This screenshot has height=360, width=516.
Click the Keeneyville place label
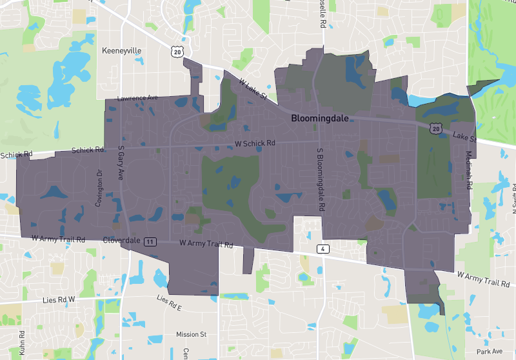pyautogui.click(x=122, y=50)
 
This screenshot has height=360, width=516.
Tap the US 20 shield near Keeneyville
pyautogui.click(x=178, y=50)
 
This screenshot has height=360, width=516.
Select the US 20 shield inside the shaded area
pyautogui.click(x=436, y=130)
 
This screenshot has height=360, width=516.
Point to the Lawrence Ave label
pyautogui.click(x=137, y=98)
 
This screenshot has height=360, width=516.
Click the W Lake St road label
pyautogui.click(x=253, y=90)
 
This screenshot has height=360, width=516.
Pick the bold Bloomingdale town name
pyautogui.click(x=320, y=119)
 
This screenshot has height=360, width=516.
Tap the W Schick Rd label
pyautogui.click(x=255, y=143)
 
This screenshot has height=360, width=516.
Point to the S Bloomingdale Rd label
pyautogui.click(x=319, y=180)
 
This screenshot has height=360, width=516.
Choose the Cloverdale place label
pyautogui.click(x=122, y=240)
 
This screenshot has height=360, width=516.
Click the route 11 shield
pyautogui.click(x=150, y=241)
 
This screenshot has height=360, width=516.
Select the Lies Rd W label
pyautogui.click(x=59, y=299)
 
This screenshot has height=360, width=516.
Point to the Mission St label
pyautogui.click(x=191, y=334)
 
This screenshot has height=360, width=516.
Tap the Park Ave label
pyautogui.click(x=488, y=352)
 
